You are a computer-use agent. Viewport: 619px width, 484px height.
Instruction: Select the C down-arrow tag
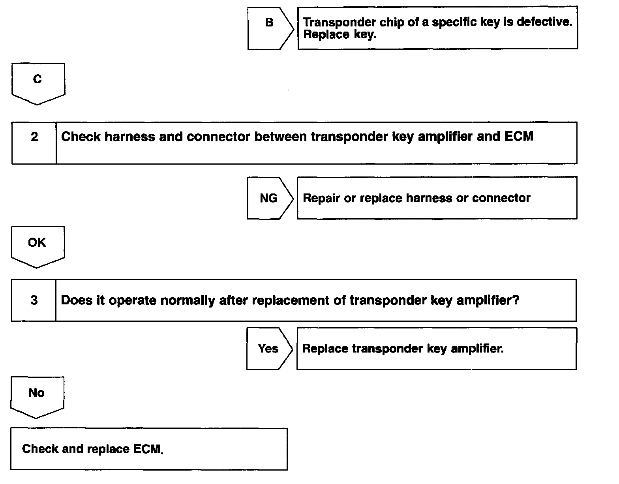pos(38,81)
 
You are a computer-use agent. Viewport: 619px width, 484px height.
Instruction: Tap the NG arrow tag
pos(269,198)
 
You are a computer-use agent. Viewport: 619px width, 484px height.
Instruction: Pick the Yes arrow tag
pos(268,349)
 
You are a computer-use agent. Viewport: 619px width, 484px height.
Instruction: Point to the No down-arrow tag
pos(37,394)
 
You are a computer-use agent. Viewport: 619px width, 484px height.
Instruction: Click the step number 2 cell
pos(34,143)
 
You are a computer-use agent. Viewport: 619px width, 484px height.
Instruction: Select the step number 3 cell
pos(34,300)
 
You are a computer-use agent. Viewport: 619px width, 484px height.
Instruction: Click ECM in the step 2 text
pos(519,137)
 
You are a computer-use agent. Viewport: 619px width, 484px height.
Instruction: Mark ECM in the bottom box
pos(148,449)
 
